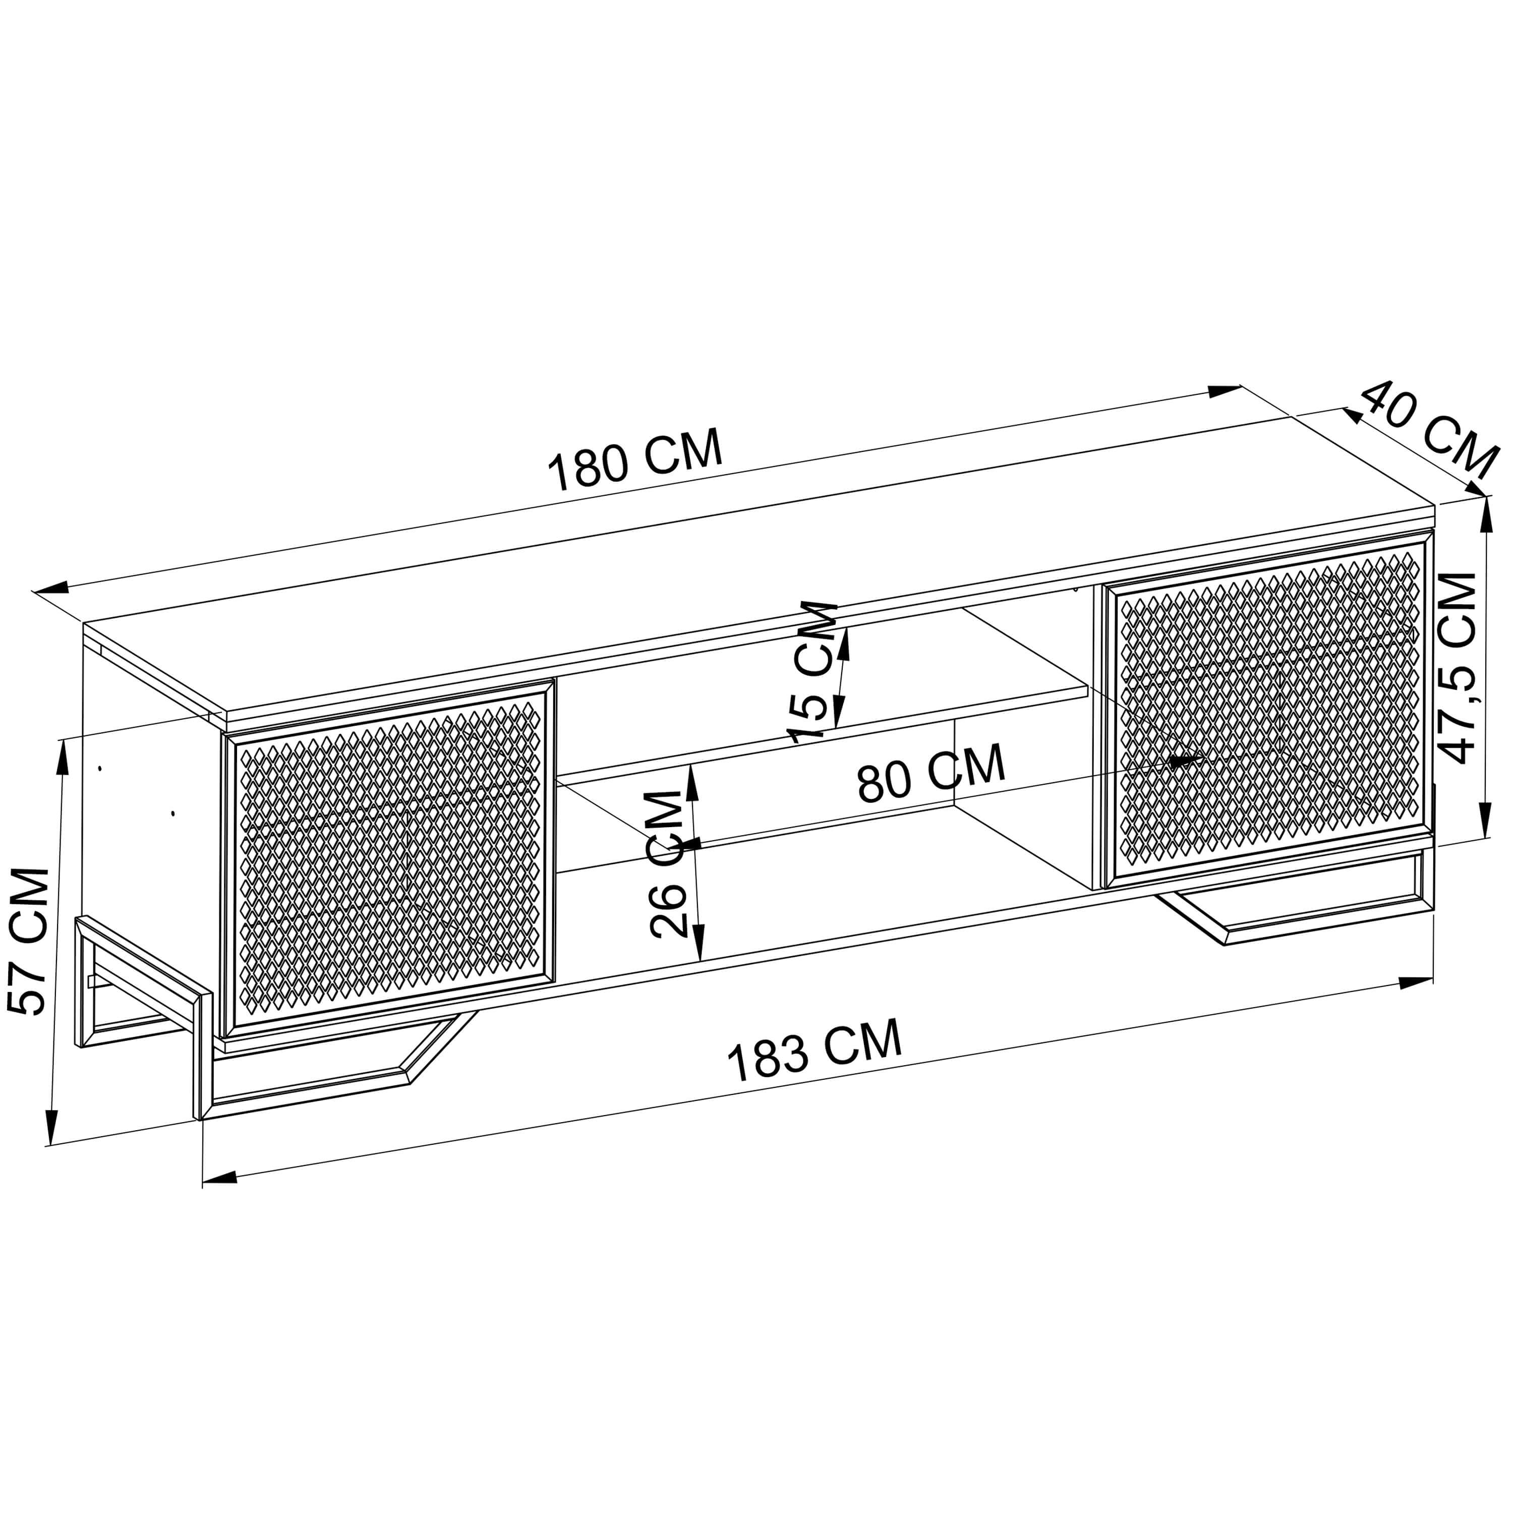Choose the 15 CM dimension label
[813, 672]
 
